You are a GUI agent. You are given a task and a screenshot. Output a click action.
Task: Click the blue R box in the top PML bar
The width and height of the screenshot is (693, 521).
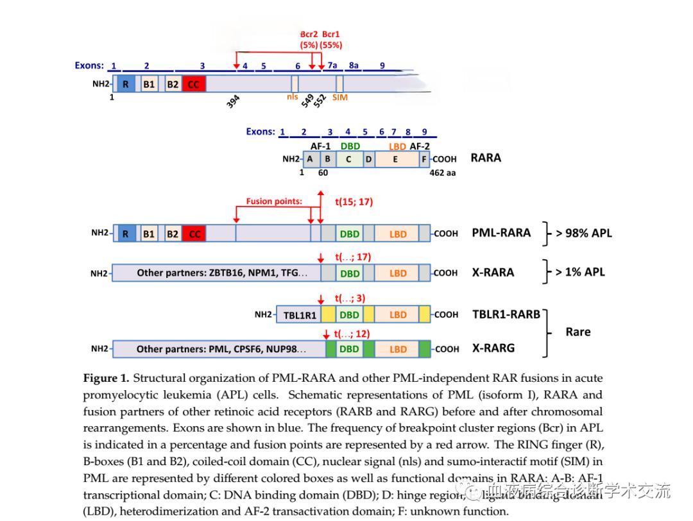(x=126, y=84)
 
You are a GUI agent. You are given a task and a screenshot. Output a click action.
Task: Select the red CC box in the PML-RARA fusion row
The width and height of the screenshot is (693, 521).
(x=194, y=234)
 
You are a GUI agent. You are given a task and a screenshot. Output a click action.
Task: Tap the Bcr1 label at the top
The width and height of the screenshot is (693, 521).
(x=331, y=34)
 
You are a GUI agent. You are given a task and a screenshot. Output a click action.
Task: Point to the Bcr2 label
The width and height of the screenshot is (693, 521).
(x=309, y=34)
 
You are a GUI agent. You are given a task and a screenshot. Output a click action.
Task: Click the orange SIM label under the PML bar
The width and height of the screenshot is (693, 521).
(x=340, y=98)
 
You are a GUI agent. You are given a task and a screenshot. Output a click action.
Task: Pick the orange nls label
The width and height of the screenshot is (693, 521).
(x=293, y=98)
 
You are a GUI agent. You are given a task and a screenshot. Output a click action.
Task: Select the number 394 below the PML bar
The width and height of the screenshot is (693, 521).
(x=234, y=101)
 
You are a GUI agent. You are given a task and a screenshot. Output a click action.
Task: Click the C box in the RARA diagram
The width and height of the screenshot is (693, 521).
(x=348, y=159)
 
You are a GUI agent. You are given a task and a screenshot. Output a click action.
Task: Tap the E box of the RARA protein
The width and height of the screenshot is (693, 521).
(x=395, y=159)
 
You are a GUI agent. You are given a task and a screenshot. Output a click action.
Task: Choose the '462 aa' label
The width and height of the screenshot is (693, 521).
(x=442, y=173)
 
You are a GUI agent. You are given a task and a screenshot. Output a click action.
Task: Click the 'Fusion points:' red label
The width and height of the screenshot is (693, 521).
(x=274, y=201)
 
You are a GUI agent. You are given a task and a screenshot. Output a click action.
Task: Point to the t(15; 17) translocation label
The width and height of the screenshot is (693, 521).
(x=354, y=201)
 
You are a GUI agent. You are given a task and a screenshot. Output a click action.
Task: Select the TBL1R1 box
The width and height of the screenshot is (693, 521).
(x=300, y=315)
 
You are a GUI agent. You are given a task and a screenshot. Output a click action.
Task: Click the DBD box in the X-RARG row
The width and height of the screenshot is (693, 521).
(x=349, y=349)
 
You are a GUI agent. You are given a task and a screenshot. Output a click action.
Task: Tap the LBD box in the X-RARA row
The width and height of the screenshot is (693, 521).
(x=398, y=273)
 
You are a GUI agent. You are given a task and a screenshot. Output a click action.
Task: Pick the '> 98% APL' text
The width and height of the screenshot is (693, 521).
(x=583, y=233)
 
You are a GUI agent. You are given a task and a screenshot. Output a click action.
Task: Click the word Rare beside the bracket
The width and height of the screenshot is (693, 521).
(x=577, y=332)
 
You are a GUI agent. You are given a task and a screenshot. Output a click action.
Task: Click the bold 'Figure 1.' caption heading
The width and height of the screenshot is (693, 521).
(x=106, y=378)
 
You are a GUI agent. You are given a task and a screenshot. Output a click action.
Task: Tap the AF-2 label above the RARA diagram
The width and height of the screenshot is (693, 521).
(x=420, y=146)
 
